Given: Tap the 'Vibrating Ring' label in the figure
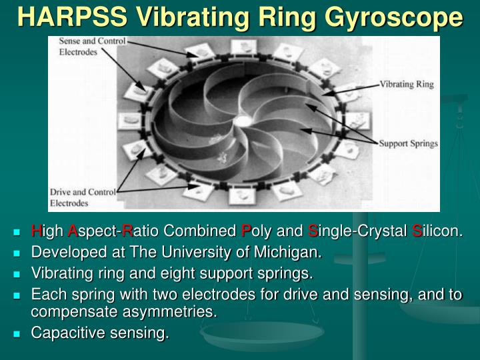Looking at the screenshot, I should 407,85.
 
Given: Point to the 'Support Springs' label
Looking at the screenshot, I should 408,143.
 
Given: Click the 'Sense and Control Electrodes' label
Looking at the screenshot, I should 87,46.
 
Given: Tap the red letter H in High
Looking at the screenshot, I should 36,231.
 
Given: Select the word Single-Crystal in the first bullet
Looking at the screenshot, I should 358,231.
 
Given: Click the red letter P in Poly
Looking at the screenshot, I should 246,231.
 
